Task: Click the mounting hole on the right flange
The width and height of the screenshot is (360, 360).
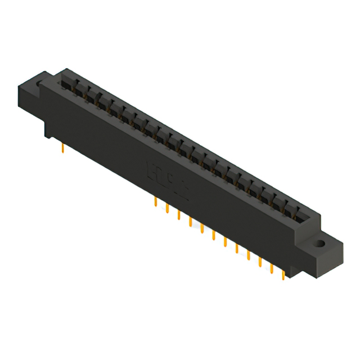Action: pyautogui.click(x=319, y=245)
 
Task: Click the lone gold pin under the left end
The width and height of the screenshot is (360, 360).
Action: pyautogui.click(x=62, y=148)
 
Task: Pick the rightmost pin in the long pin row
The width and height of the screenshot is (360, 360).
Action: pyautogui.click(x=283, y=273)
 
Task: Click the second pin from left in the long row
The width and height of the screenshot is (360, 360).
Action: pyautogui.click(x=167, y=209)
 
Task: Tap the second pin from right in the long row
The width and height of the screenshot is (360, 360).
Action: pyautogui.click(x=271, y=267)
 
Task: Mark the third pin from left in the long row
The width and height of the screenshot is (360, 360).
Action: pyautogui.click(x=179, y=215)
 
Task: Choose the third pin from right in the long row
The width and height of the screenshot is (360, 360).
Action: pyautogui.click(x=260, y=261)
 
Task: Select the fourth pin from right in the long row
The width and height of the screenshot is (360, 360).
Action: pyautogui.click(x=248, y=254)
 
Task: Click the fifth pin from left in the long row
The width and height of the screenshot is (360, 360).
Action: pyautogui.click(x=202, y=228)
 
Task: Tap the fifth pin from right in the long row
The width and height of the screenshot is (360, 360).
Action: pyautogui.click(x=237, y=248)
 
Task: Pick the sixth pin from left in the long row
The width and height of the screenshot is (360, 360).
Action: pyautogui.click(x=214, y=235)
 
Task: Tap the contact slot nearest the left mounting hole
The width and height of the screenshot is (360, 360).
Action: pyautogui.click(x=66, y=82)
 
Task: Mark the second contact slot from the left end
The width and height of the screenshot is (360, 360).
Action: pyautogui.click(x=78, y=89)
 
